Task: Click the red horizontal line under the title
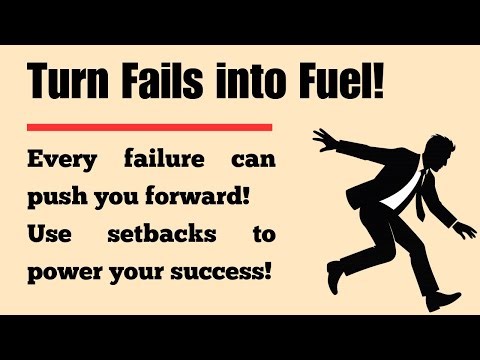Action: click(x=150, y=127)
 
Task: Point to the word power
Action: click(x=62, y=271)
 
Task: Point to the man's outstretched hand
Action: click(x=322, y=140)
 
